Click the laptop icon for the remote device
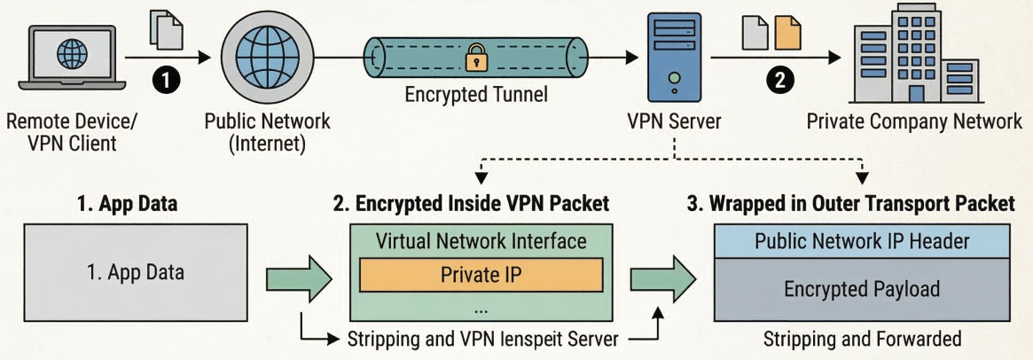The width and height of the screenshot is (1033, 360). coord(72,57)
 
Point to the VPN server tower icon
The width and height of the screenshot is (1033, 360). coord(674,58)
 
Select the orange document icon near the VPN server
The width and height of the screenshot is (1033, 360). coord(786,31)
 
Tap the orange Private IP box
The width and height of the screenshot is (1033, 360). coord(481,275)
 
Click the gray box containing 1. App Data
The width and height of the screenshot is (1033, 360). coord(133,272)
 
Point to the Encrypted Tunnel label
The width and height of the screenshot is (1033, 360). coord(475,95)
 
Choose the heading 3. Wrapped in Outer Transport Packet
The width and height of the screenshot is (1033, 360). coord(851,204)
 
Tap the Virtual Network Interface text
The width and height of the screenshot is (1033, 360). coord(481,241)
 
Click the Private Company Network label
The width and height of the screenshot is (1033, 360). coord(914,121)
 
